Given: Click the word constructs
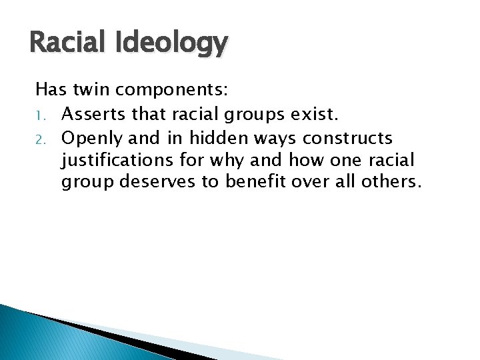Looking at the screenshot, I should [347, 138].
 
